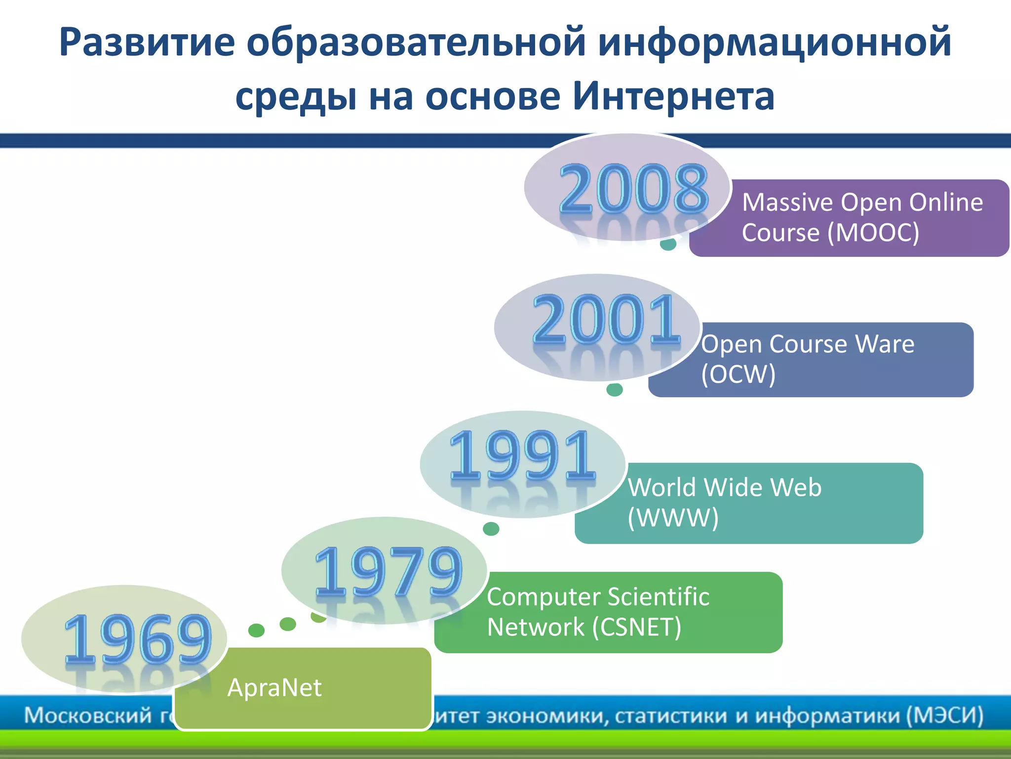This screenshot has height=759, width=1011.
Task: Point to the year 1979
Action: click(389, 571)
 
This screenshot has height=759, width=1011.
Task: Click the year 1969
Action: click(138, 638)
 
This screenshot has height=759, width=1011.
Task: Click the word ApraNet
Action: click(274, 688)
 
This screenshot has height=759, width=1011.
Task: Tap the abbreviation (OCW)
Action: click(738, 374)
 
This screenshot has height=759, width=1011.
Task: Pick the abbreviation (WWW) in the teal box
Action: click(673, 518)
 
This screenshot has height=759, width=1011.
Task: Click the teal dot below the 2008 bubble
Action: click(668, 244)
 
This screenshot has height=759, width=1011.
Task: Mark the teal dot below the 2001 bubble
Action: click(615, 390)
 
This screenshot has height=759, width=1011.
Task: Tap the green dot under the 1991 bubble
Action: click(491, 529)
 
